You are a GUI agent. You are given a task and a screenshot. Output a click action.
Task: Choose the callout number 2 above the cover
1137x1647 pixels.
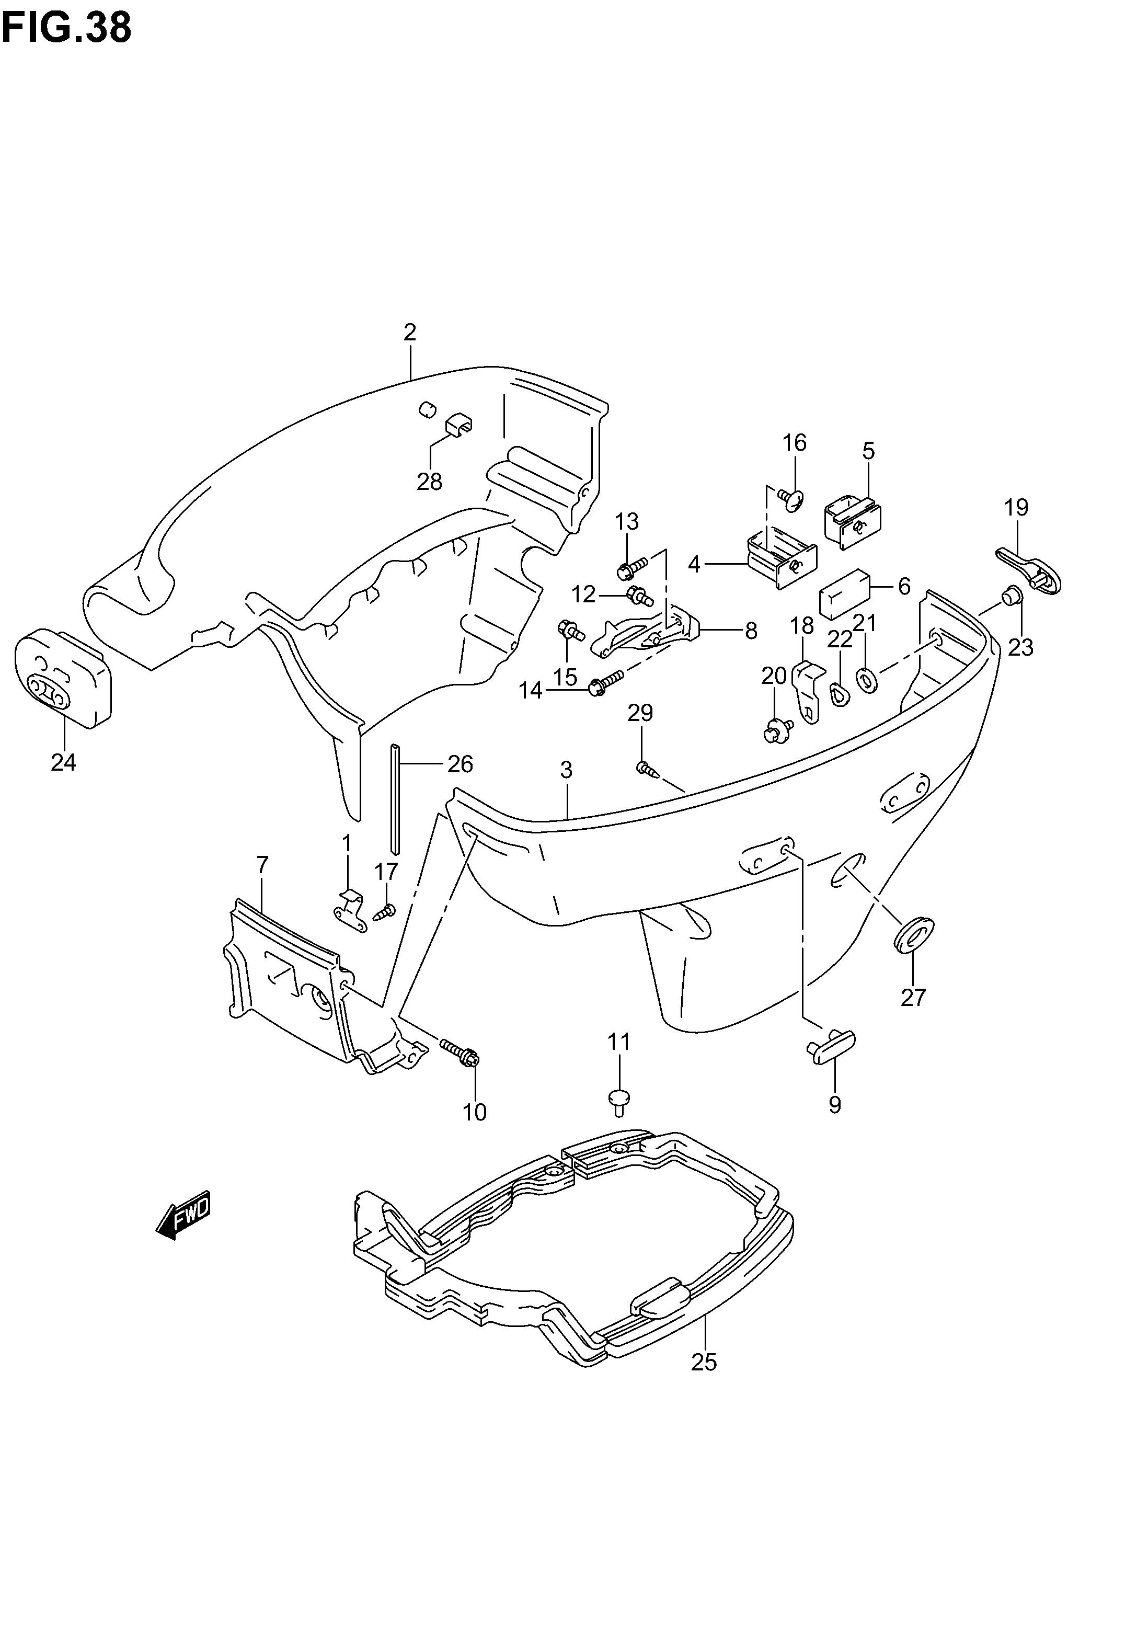tap(410, 332)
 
